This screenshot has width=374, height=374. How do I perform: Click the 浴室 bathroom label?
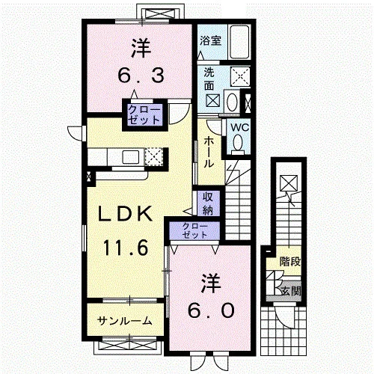211,41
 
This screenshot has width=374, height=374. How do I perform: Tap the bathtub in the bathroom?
239,42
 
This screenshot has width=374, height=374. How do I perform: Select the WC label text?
239,128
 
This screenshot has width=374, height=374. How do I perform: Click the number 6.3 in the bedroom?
141,76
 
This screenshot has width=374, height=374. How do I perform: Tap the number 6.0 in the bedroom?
212,310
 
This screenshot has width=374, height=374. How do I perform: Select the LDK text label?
126,214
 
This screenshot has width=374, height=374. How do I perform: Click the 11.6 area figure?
126,248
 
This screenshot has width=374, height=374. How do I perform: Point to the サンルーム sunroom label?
125,321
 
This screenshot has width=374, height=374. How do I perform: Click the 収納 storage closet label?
208,203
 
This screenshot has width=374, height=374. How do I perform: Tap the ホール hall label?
209,152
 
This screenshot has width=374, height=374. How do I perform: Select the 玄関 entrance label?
291,291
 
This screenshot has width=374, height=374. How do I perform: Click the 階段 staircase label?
290,262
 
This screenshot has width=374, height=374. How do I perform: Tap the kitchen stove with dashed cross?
153,156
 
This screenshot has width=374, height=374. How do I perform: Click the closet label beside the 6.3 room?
144,115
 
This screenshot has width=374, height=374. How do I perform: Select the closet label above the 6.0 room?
194,230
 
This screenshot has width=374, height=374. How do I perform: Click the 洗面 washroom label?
209,79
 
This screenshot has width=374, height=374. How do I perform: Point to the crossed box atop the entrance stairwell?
289,183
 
